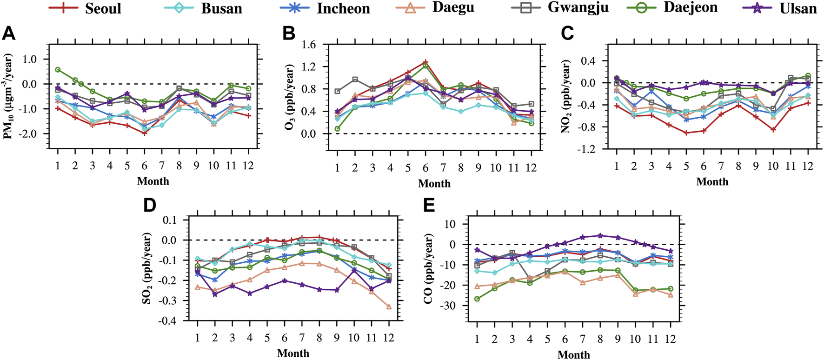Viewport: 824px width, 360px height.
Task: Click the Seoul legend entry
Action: [86, 8]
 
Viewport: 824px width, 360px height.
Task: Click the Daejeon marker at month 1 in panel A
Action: [58, 69]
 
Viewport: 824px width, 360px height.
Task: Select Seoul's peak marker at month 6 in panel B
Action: [425, 62]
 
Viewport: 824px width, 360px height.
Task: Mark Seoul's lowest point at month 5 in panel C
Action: [686, 133]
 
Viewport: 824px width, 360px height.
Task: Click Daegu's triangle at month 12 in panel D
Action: [389, 307]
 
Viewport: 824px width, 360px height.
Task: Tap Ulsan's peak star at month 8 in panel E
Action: [600, 235]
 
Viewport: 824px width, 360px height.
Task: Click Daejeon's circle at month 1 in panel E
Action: [477, 299]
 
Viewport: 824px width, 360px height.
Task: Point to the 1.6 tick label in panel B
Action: [308, 45]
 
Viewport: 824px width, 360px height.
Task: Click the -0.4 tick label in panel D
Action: [168, 321]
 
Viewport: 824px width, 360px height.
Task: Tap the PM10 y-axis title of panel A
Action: [7, 96]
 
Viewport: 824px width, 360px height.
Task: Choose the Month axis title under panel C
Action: [712, 182]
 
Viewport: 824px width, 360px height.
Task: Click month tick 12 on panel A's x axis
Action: [248, 166]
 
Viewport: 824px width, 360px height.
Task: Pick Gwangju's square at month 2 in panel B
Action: [355, 80]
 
